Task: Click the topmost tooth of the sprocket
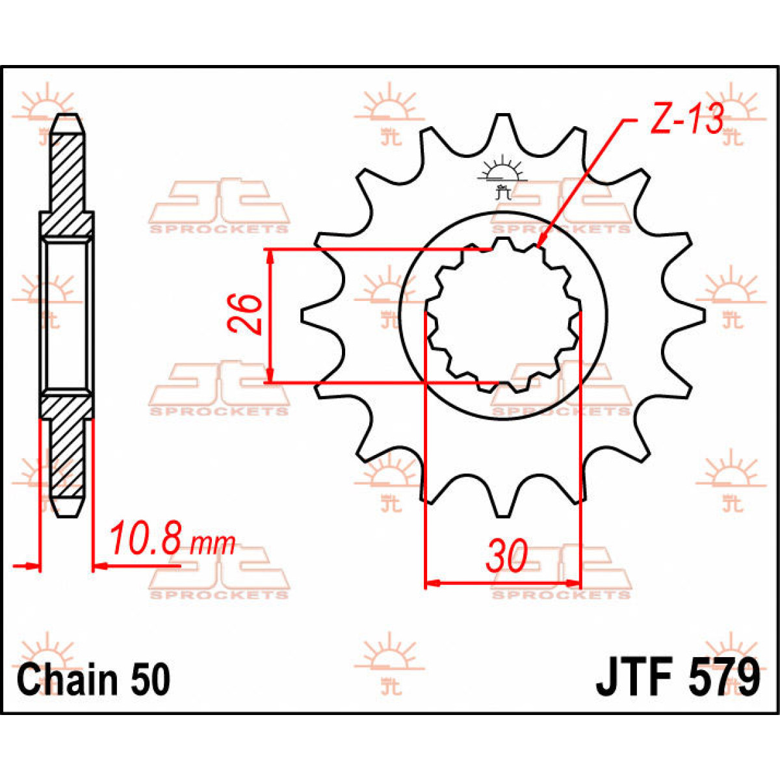501,123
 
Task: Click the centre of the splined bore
501,315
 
